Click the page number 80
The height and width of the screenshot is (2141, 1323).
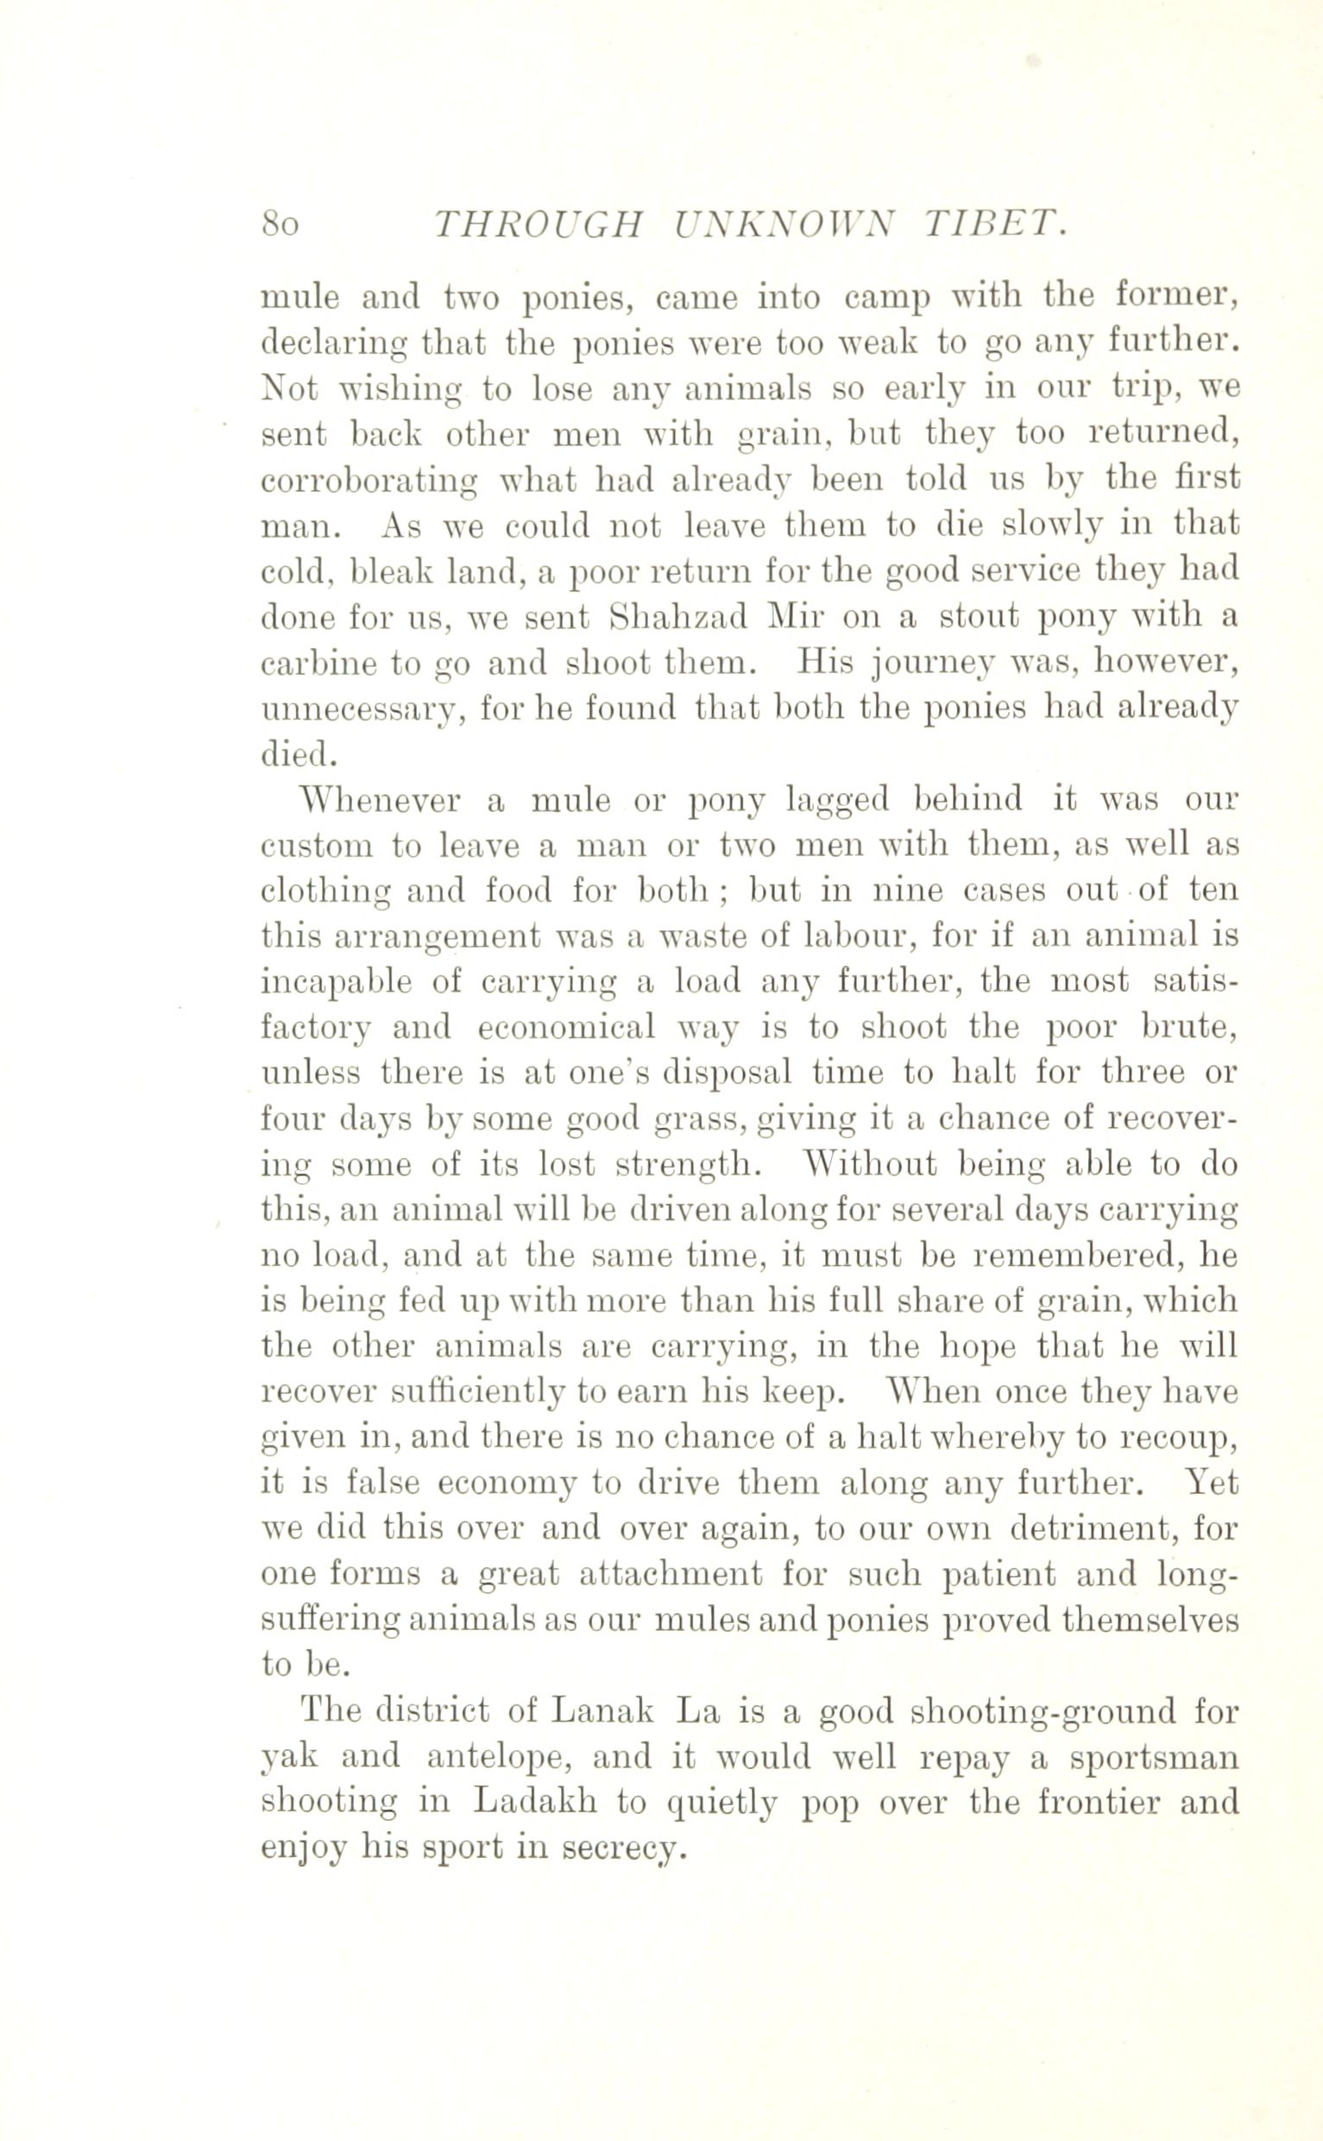coord(280,225)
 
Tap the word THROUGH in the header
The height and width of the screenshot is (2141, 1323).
coord(539,225)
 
